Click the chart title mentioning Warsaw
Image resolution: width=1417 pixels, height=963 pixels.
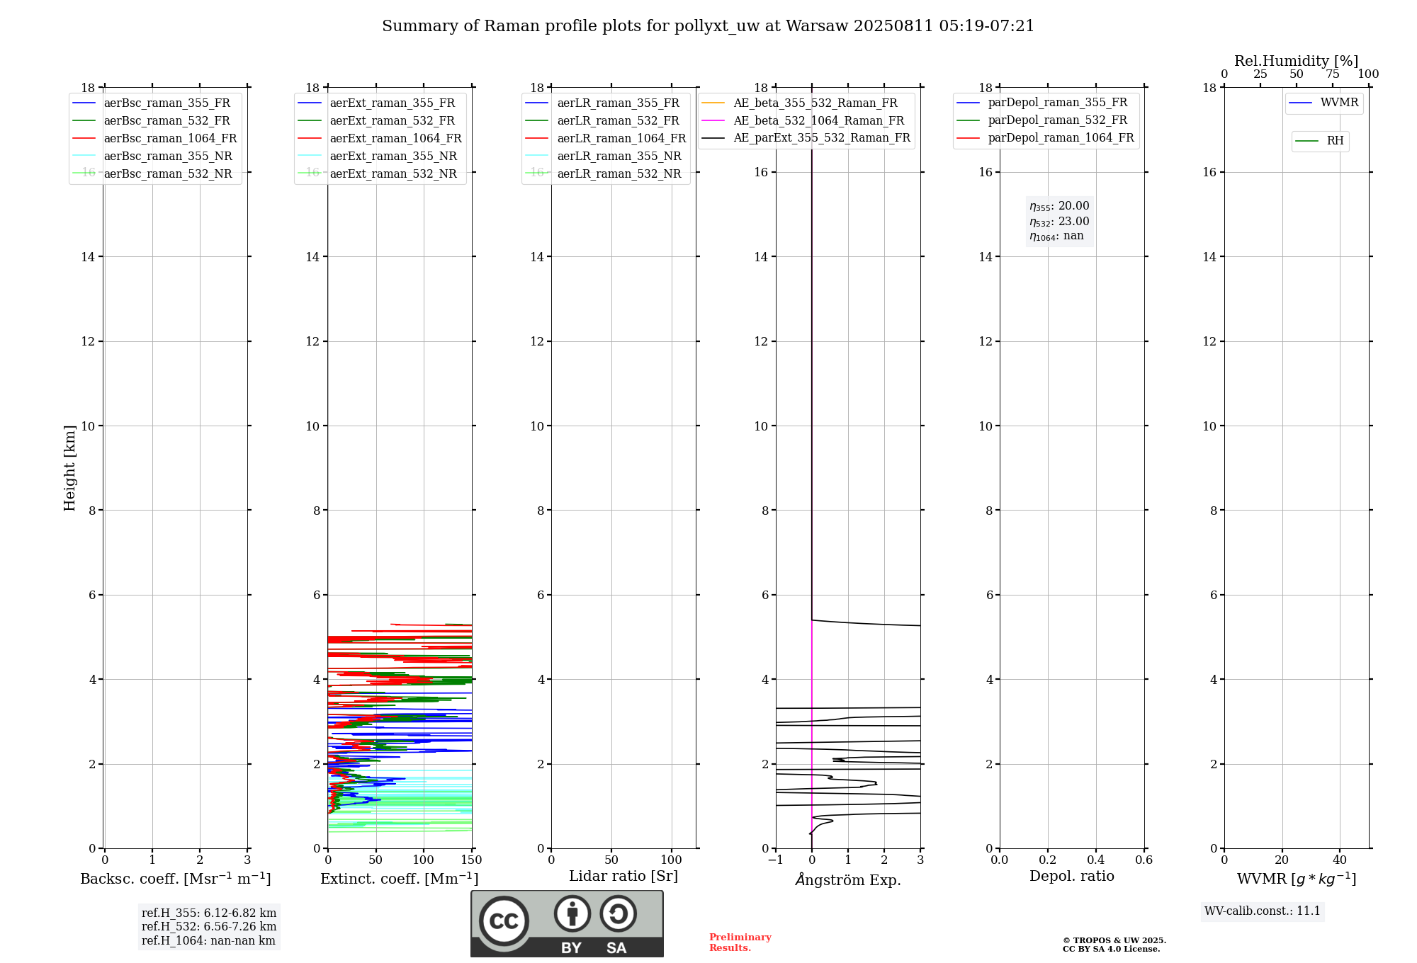[x=708, y=26]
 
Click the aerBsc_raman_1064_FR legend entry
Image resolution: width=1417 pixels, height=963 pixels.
[x=170, y=139]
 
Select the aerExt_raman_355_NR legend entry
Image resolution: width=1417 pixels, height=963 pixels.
[x=393, y=156]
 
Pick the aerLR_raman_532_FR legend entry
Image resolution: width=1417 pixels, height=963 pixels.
[x=618, y=121]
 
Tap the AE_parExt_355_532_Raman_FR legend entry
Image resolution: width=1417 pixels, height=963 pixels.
[x=822, y=138]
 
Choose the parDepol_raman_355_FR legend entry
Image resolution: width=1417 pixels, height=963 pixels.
[x=1057, y=103]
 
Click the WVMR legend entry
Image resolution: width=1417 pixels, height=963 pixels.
[x=1339, y=103]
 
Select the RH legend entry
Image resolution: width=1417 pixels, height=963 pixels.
[x=1335, y=141]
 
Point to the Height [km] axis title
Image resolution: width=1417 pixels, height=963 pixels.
[x=69, y=468]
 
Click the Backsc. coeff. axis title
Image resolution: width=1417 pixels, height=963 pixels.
[x=176, y=879]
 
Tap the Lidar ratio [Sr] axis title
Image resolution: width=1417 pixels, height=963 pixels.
[x=623, y=877]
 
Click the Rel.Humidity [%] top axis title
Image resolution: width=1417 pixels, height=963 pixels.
[x=1297, y=61]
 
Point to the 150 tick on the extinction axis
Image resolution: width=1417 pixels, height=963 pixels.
[x=471, y=860]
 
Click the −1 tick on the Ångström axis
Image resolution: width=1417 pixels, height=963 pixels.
[x=776, y=860]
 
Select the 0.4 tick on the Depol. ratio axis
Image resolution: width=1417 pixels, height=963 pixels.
[x=1095, y=860]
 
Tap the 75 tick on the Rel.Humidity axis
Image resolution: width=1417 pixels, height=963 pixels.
[x=1333, y=74]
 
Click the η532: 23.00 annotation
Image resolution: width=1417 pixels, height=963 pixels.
[x=1059, y=222]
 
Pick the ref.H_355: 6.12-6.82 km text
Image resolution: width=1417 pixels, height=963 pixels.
[x=209, y=913]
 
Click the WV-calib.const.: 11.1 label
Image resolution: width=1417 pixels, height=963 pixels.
[x=1263, y=911]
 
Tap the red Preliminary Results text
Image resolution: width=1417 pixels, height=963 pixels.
[x=740, y=942]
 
